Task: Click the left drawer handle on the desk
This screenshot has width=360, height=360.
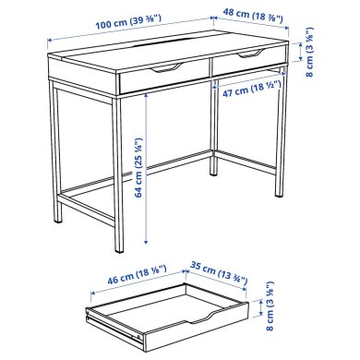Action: [167, 68]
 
